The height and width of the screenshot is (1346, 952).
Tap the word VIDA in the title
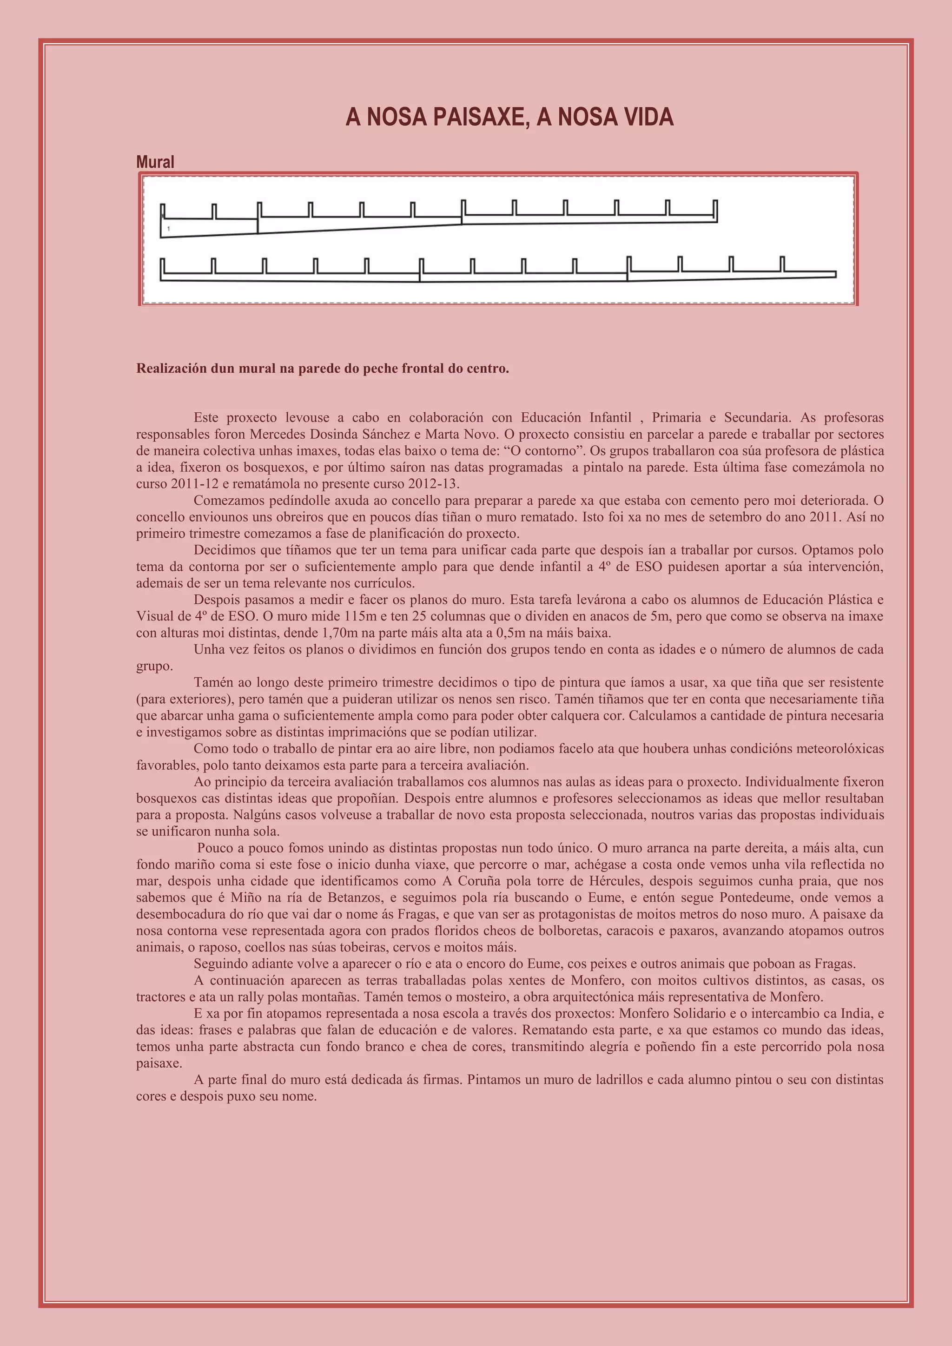pyautogui.click(x=648, y=117)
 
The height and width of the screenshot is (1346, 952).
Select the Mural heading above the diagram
pyautogui.click(x=155, y=162)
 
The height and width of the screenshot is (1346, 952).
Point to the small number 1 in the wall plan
pyautogui.click(x=169, y=228)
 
